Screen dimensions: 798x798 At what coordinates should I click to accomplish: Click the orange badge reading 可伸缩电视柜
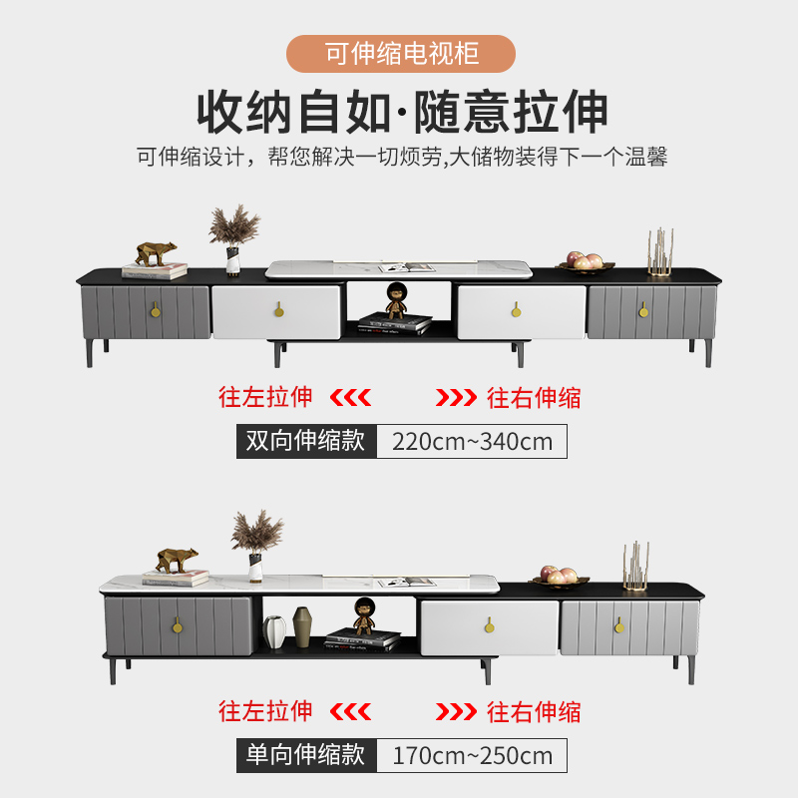pyautogui.click(x=400, y=53)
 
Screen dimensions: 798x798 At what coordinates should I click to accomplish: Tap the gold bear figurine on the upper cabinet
pyautogui.click(x=156, y=254)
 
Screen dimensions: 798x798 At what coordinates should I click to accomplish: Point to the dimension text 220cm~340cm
pyautogui.click(x=472, y=441)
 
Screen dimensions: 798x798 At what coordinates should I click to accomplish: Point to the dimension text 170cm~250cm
pyautogui.click(x=472, y=754)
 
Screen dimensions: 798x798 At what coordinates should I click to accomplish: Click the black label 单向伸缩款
pyautogui.click(x=306, y=754)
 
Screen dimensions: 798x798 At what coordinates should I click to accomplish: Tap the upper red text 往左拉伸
pyautogui.click(x=265, y=397)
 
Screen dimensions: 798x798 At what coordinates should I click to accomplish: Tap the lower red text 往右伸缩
pyautogui.click(x=534, y=712)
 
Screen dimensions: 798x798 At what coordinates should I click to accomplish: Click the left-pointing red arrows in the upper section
pyautogui.click(x=350, y=398)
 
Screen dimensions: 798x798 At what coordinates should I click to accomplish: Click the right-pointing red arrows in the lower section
pyautogui.click(x=456, y=712)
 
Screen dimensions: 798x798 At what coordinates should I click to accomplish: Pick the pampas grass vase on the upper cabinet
pyautogui.click(x=233, y=239)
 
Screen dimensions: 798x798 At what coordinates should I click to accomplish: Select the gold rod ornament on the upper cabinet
pyautogui.click(x=660, y=251)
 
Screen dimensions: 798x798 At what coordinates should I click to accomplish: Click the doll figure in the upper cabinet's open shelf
pyautogui.click(x=396, y=299)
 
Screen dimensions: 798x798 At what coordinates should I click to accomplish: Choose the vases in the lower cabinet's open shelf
pyautogui.click(x=288, y=631)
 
